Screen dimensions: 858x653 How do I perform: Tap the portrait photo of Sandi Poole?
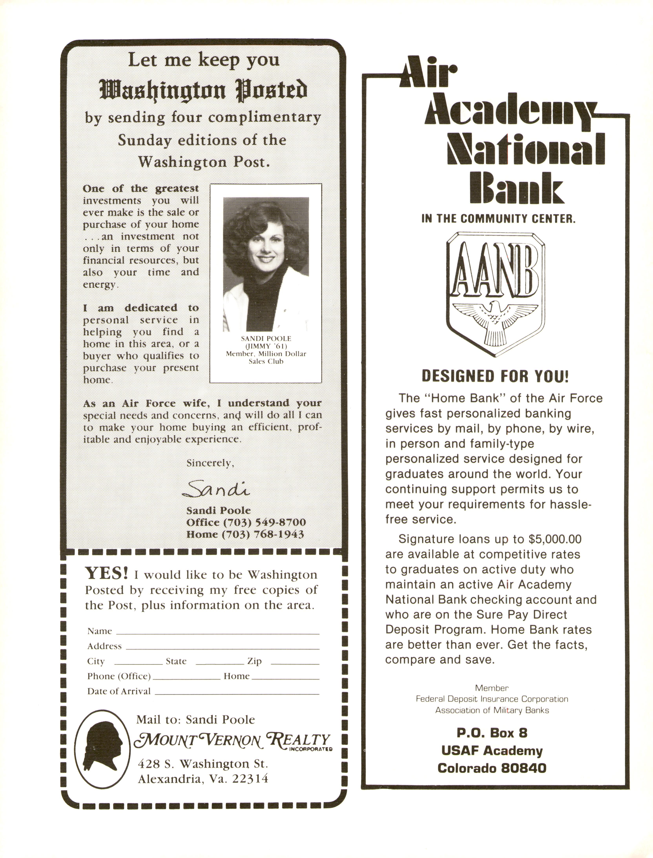pyautogui.click(x=266, y=264)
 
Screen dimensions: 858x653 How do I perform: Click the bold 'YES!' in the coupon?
pyautogui.click(x=107, y=573)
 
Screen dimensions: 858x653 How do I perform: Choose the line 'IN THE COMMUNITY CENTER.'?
pyautogui.click(x=498, y=219)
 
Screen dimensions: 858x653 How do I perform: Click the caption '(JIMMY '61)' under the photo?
pyautogui.click(x=266, y=346)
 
